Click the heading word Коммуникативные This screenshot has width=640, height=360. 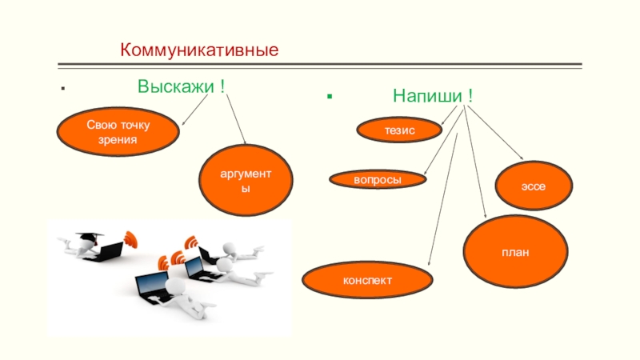point(199,50)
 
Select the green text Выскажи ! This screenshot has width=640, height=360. point(180,86)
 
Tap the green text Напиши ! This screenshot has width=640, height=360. point(432,96)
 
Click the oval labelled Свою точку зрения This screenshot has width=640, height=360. point(118,132)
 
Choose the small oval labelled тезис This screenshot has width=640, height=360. point(399,129)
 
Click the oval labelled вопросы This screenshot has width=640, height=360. point(378,180)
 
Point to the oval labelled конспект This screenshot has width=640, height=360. point(367,281)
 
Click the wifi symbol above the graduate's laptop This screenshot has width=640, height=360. point(130,238)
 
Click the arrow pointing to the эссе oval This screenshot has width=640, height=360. point(497,133)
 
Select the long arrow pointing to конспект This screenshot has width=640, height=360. point(443,200)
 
